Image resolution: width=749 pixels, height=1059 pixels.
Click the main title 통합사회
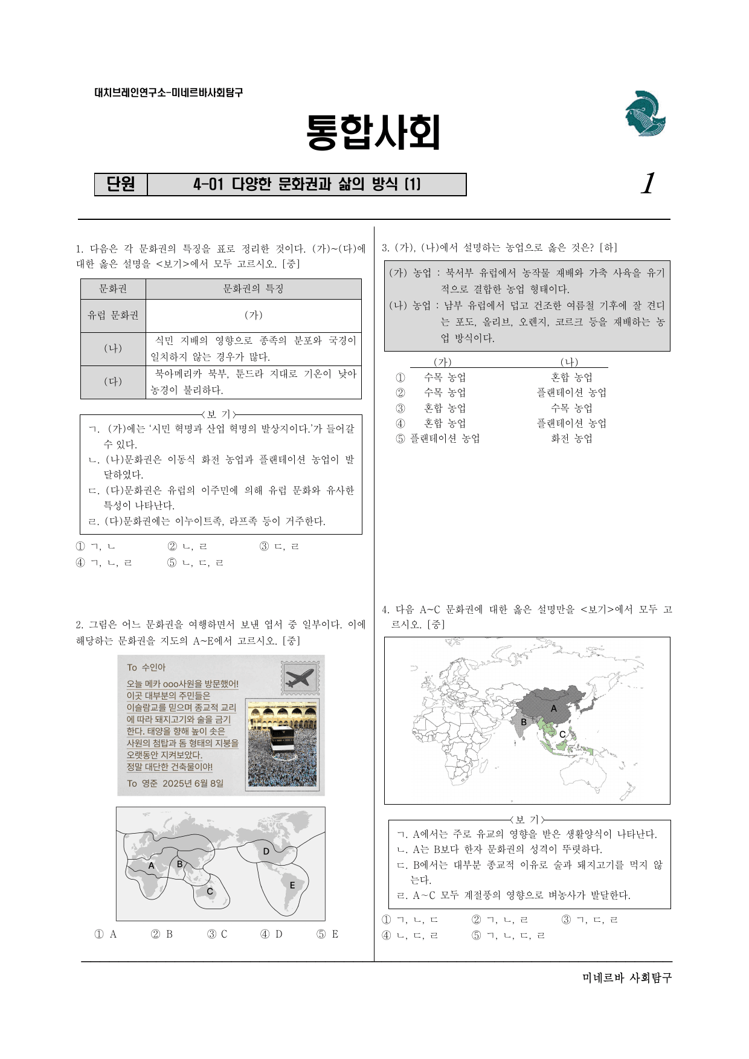tap(373, 132)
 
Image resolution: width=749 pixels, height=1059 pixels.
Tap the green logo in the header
tap(645, 113)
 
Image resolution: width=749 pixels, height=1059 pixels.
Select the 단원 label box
tap(121, 184)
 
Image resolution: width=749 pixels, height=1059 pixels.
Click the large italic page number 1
tap(648, 183)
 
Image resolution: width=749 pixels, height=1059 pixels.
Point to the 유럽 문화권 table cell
tap(113, 315)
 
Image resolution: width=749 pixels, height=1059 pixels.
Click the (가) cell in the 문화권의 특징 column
tap(254, 315)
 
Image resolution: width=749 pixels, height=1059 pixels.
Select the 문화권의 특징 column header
tap(254, 289)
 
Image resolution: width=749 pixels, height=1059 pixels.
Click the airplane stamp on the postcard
tap(300, 678)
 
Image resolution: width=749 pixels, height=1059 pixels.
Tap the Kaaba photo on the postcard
tap(283, 744)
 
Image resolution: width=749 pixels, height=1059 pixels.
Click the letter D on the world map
tap(266, 851)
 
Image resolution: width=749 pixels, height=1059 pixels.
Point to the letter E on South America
tap(292, 885)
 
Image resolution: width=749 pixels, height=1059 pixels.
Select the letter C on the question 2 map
tap(210, 891)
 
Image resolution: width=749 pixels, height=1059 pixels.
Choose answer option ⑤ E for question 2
tap(327, 934)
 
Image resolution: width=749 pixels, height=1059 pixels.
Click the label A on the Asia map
tap(554, 709)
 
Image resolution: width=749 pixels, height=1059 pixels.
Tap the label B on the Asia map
tap(524, 722)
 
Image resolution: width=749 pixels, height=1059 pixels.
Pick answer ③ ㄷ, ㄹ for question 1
tap(279, 547)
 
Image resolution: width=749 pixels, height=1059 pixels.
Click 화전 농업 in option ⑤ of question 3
tap(571, 439)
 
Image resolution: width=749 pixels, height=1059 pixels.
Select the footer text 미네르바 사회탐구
tap(627, 977)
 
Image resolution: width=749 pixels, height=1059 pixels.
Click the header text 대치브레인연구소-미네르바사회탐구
tap(169, 92)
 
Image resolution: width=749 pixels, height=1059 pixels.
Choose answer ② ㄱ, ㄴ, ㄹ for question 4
tap(500, 920)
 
